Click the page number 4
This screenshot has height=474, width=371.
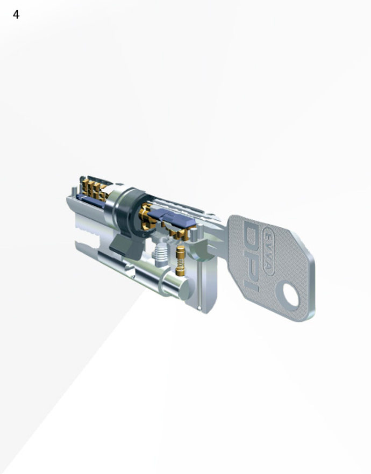[16, 14]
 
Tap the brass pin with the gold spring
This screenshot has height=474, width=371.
[180, 261]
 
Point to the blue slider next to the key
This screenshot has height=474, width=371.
[171, 218]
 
